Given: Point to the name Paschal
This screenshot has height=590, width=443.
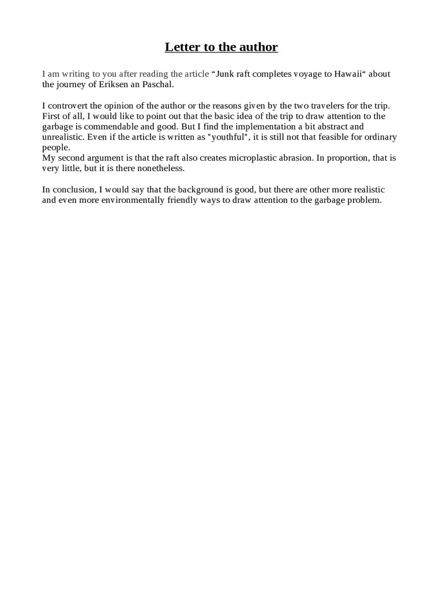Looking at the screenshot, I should pos(156,84).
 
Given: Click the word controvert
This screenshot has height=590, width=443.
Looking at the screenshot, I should pos(69,106).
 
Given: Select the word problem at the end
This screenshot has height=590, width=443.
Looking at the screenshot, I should pos(366,201).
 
